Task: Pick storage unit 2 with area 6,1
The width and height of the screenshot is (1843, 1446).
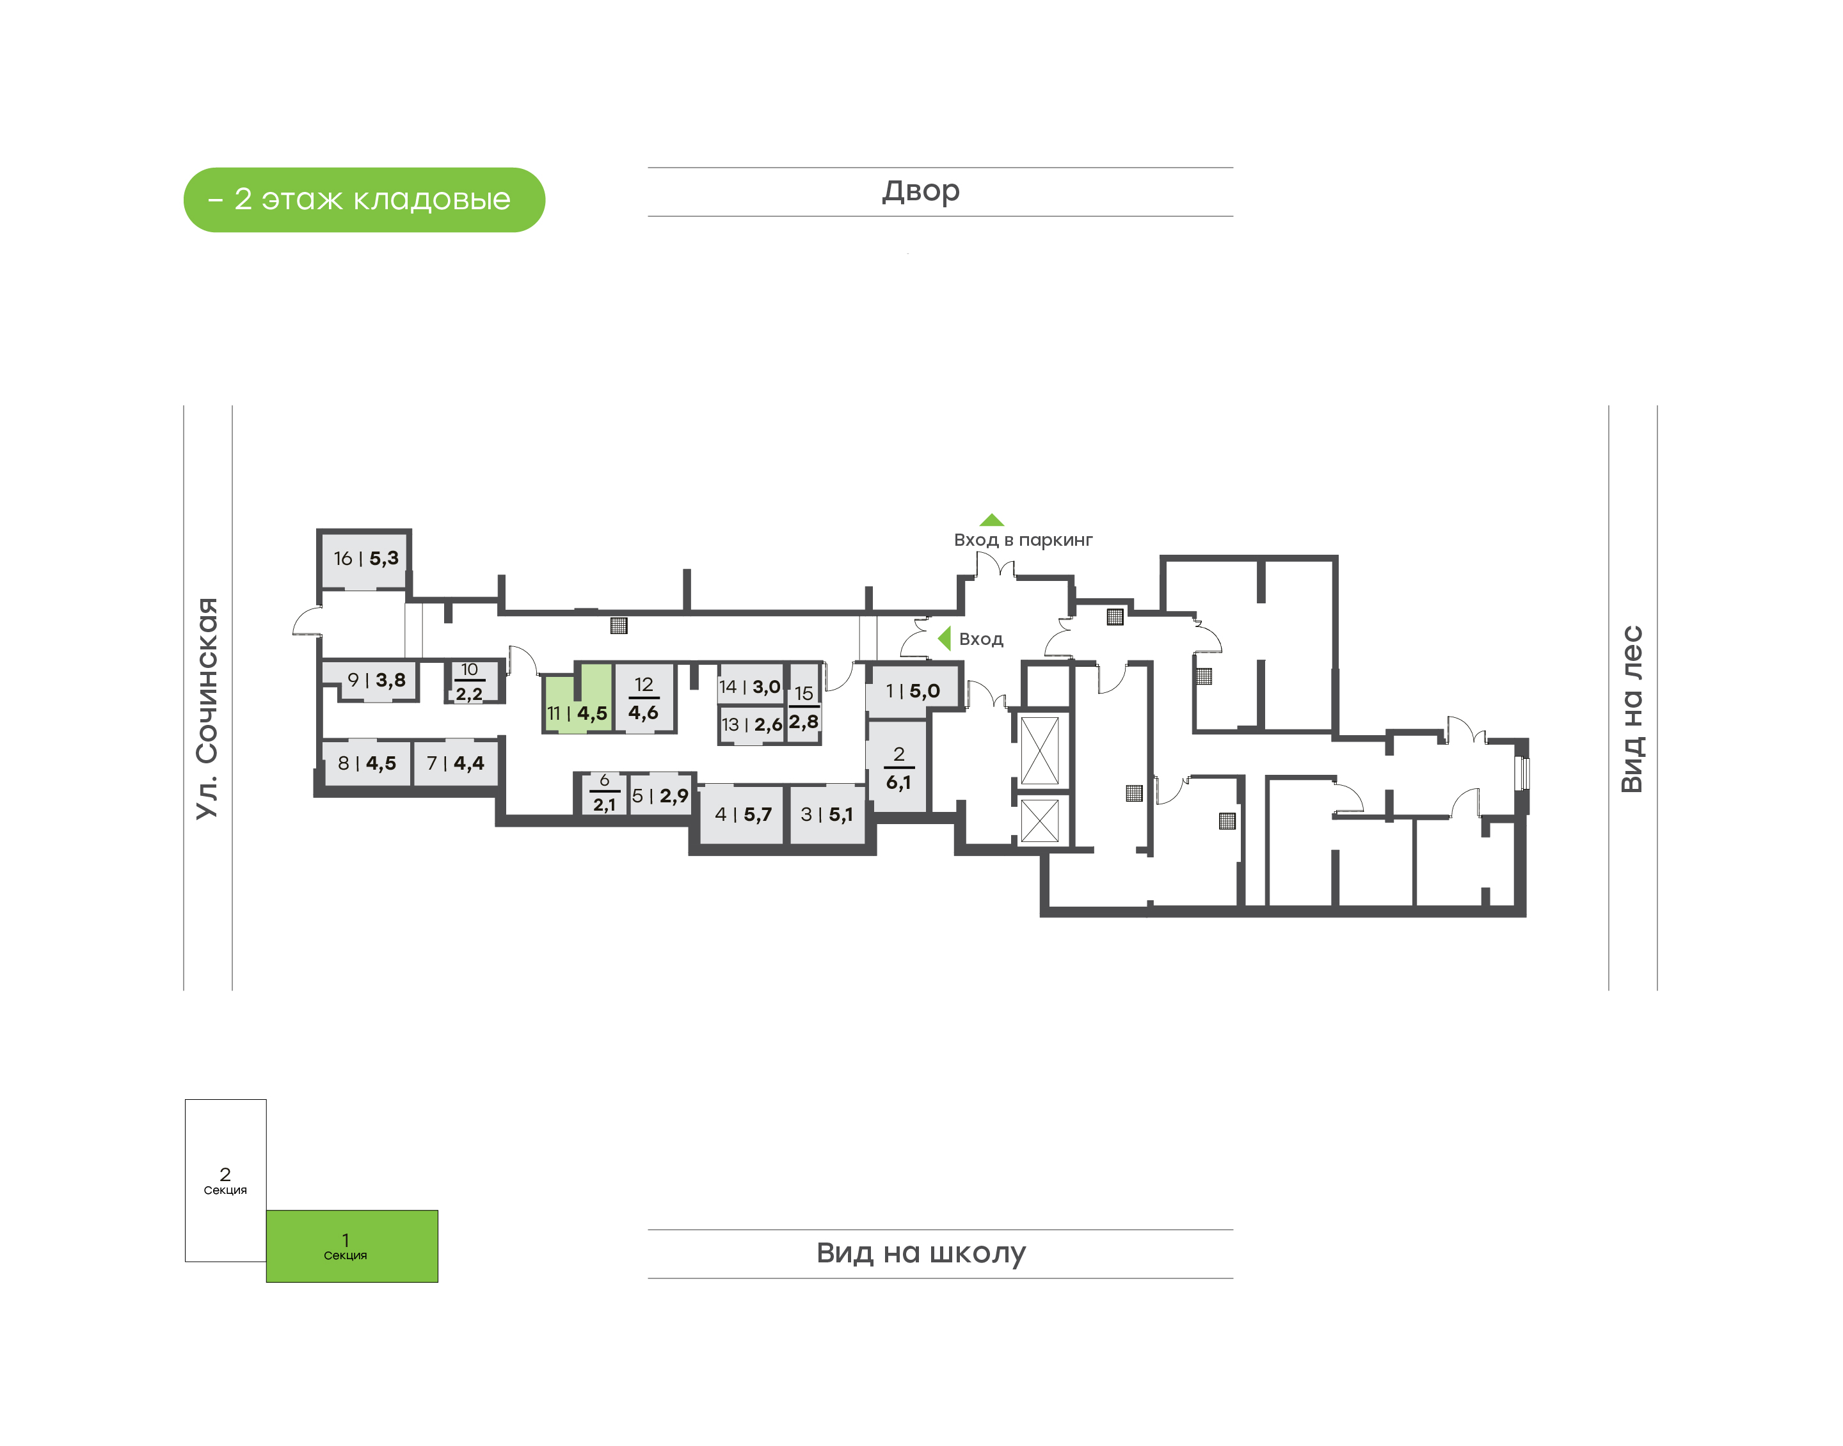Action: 897,766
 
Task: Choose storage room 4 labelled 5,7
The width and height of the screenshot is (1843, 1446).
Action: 742,814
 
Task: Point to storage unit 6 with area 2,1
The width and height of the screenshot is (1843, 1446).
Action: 605,794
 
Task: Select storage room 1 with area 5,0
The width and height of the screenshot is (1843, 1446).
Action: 912,690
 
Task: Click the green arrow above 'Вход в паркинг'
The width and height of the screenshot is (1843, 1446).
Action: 991,520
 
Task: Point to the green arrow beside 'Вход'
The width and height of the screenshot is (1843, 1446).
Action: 945,639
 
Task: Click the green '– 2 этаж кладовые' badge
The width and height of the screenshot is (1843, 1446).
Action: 364,200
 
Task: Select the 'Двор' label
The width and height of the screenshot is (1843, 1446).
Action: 921,191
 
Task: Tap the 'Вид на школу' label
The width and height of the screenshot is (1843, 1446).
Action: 921,1252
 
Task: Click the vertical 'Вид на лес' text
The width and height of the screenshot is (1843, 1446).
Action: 1631,709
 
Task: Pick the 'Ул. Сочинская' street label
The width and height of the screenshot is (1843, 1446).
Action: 207,709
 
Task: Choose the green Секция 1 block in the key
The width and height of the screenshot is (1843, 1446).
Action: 352,1246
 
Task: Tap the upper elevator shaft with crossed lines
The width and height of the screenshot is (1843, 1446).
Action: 1040,751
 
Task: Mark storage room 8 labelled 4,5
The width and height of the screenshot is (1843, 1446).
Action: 367,764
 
